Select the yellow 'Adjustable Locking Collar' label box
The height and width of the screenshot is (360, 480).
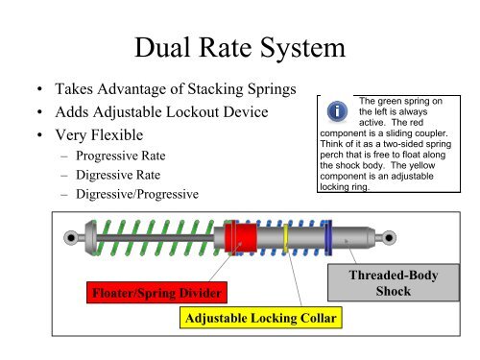click(x=260, y=317)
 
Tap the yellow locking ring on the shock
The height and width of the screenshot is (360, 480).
click(x=286, y=237)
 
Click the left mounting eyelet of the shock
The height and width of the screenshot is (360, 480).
click(x=70, y=237)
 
